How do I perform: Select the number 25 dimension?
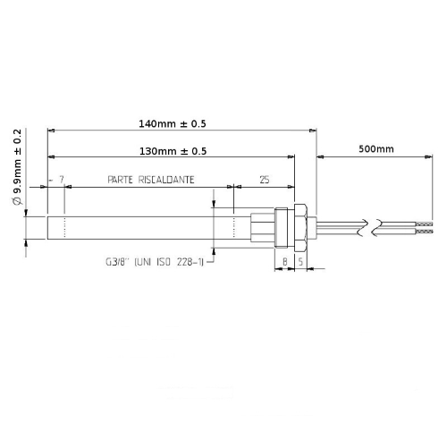pyautogui.click(x=264, y=180)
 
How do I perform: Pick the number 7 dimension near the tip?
pyautogui.click(x=60, y=180)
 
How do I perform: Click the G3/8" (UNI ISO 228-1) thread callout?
pyautogui.click(x=155, y=262)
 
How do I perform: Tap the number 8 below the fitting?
pyautogui.click(x=284, y=262)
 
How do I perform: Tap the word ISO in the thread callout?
pyautogui.click(x=169, y=262)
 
